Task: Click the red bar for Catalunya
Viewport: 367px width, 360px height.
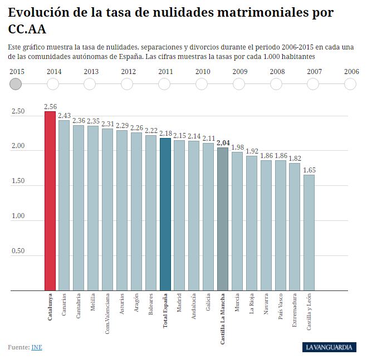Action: tap(50, 200)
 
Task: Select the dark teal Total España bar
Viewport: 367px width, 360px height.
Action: tap(165, 214)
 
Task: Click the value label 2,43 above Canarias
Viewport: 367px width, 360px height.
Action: tap(64, 115)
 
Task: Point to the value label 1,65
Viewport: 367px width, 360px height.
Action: tap(309, 170)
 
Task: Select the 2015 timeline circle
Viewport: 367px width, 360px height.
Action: tap(16, 84)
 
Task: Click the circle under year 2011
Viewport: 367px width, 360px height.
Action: tap(164, 84)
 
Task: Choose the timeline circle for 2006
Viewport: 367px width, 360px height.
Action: tap(350, 84)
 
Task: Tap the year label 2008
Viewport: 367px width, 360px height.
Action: tap(277, 71)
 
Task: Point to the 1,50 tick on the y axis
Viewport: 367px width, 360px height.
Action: tap(18, 181)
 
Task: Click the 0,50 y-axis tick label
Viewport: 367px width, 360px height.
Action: tap(18, 251)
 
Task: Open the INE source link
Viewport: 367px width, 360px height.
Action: tap(37, 347)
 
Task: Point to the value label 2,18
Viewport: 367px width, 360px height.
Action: tap(165, 133)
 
